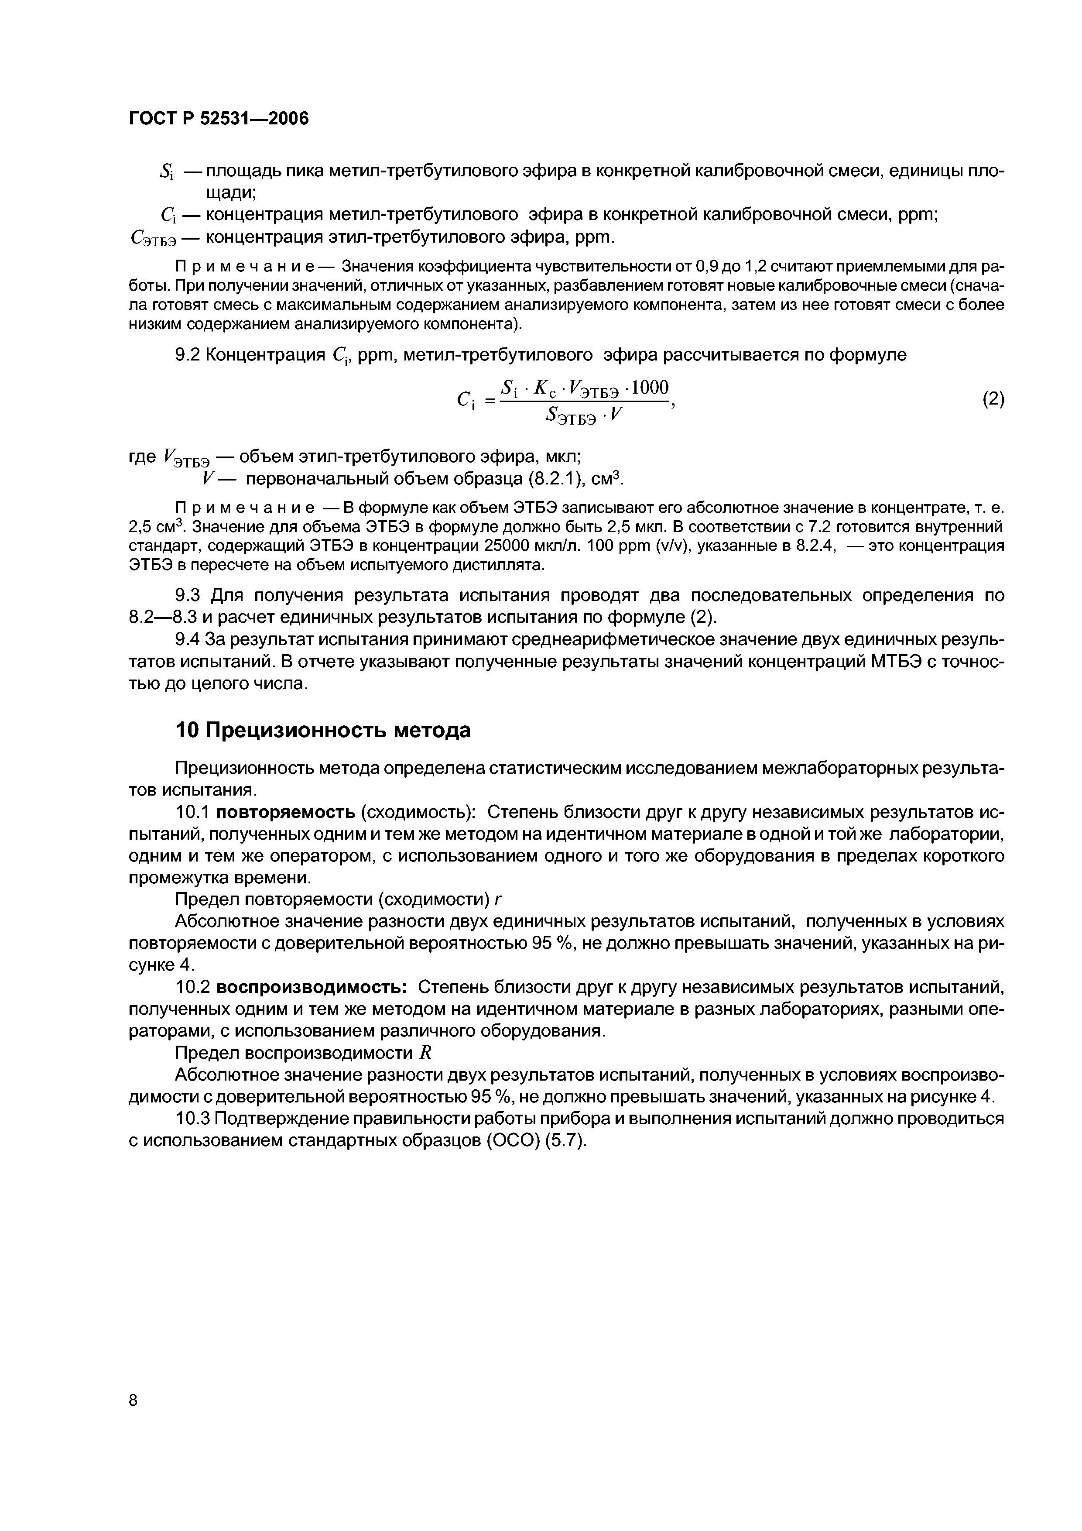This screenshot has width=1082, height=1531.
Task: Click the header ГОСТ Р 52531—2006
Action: tap(219, 119)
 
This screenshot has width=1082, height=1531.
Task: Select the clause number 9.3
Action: tap(187, 595)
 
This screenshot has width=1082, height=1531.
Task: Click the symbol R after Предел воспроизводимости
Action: tap(427, 1053)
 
